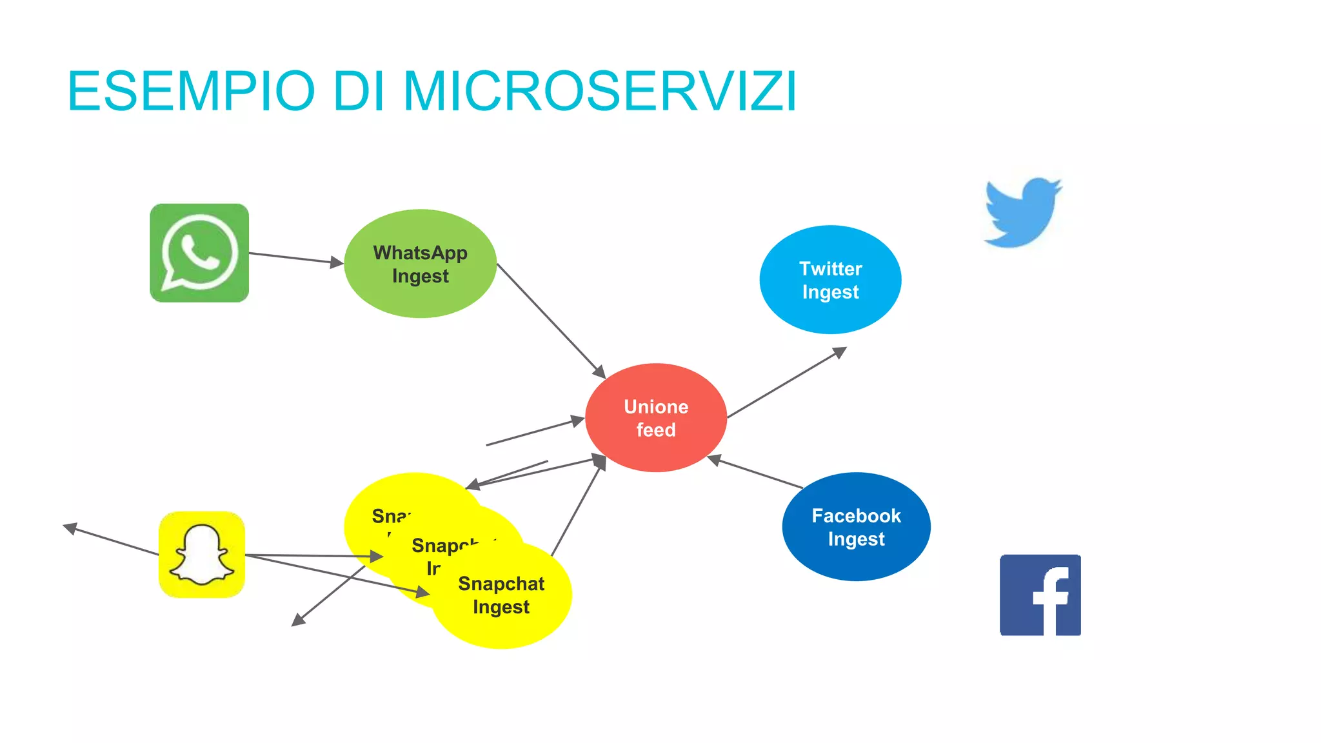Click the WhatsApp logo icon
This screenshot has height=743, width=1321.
[199, 253]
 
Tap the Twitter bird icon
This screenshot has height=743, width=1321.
[1022, 213]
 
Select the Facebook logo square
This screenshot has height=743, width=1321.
[1040, 595]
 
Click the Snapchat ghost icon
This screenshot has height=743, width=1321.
[202, 555]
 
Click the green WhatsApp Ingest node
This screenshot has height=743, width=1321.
[420, 263]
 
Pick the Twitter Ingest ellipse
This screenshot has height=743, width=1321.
[830, 279]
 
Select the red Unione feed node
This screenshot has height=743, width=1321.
[656, 418]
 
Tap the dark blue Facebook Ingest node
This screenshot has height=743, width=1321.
[856, 527]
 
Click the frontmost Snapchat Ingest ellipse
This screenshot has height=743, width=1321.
[502, 596]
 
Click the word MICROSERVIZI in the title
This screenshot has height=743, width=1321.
[600, 91]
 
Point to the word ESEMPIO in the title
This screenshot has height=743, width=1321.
[191, 91]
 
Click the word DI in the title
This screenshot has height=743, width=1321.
[359, 91]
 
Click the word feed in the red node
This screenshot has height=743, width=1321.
[656, 430]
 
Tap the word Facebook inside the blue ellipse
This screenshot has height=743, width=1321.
[856, 516]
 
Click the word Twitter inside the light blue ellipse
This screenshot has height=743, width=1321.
[830, 268]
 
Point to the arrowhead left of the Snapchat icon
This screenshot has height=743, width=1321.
[70, 528]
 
